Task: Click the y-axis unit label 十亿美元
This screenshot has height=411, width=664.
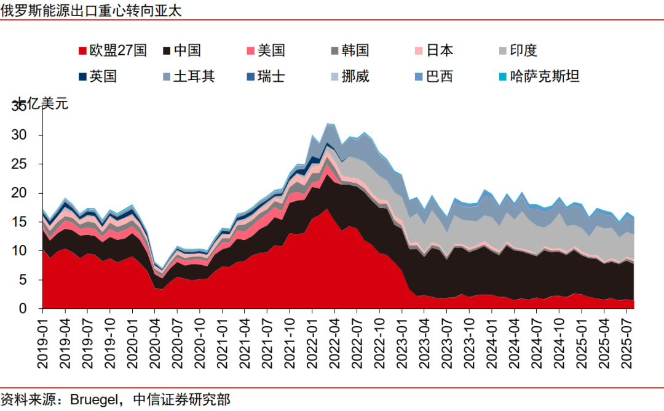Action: pyautogui.click(x=41, y=103)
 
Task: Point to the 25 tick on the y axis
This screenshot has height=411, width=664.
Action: pyautogui.click(x=26, y=164)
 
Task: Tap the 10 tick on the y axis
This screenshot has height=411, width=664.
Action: pyautogui.click(x=26, y=251)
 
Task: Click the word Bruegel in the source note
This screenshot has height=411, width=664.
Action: pyautogui.click(x=95, y=401)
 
